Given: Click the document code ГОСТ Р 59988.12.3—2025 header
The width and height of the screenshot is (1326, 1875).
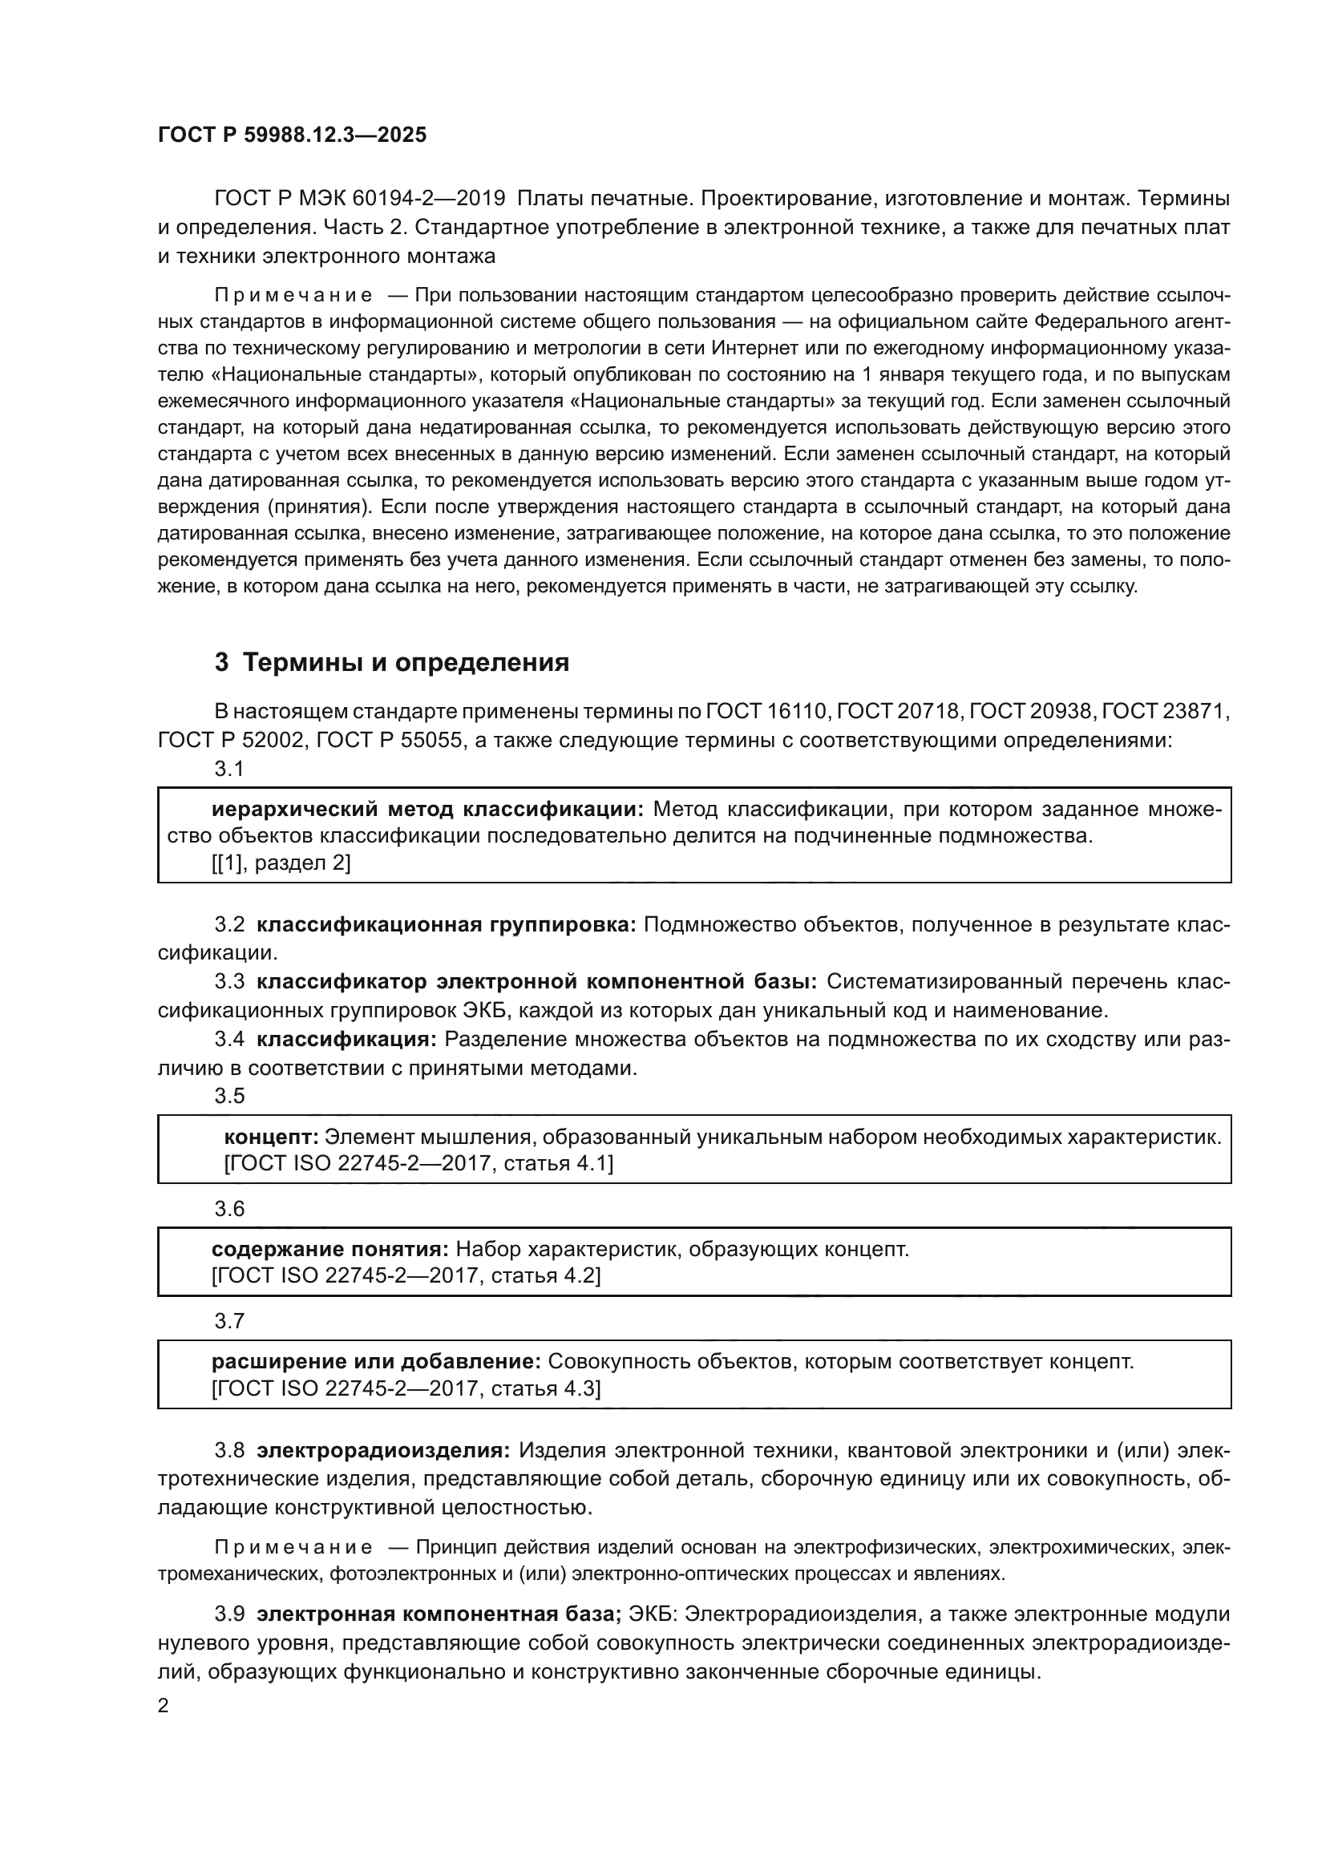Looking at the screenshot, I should (x=292, y=135).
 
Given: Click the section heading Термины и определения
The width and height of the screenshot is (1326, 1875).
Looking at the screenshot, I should (x=406, y=662).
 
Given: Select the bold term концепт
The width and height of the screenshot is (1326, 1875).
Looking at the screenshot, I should (x=271, y=1137).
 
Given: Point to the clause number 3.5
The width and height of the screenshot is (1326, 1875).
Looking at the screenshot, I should (x=229, y=1096).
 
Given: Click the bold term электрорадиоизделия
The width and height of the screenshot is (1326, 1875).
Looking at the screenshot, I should (x=383, y=1450).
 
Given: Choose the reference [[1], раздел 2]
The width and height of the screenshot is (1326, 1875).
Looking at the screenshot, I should (x=281, y=863).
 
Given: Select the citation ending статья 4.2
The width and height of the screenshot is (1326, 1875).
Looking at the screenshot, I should (x=406, y=1275).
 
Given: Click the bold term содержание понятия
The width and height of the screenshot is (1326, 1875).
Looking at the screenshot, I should (x=329, y=1250).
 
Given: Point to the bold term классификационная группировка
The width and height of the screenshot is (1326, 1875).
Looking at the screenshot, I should (x=446, y=924).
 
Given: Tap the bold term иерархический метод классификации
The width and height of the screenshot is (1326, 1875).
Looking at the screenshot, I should (x=428, y=810).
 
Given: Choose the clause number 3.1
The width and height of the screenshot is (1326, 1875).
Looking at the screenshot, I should (x=229, y=769).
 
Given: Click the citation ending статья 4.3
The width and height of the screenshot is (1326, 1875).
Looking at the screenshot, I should (x=406, y=1388).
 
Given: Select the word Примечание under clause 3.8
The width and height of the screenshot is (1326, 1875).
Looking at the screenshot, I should (x=294, y=1547).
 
